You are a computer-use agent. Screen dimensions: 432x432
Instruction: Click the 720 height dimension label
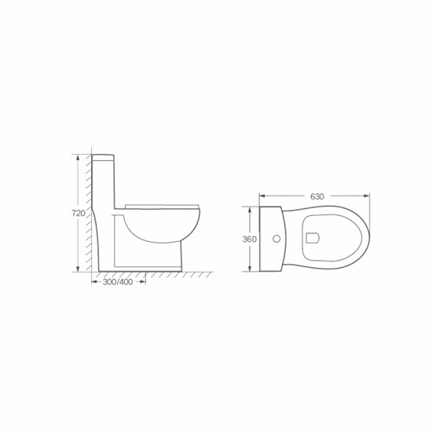click(79, 213)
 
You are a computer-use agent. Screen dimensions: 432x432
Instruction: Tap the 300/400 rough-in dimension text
click(118, 282)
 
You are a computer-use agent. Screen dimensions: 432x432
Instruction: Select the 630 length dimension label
click(317, 196)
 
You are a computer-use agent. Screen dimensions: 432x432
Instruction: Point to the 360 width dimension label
click(249, 239)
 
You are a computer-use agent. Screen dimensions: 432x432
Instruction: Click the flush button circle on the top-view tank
click(276, 239)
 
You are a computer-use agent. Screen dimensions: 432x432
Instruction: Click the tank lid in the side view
click(103, 157)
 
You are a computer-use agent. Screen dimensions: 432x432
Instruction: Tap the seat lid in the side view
click(162, 207)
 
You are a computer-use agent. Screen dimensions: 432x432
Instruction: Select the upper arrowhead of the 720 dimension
click(78, 157)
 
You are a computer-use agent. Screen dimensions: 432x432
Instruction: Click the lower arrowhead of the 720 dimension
click(78, 269)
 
